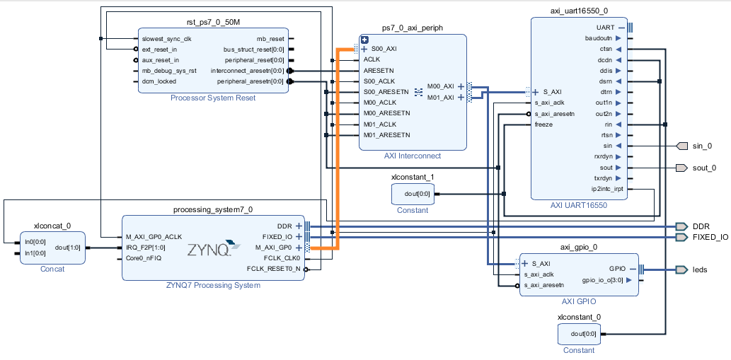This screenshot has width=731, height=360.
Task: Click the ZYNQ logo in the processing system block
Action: [x=209, y=249]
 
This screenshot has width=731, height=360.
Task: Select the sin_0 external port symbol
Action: [x=682, y=146]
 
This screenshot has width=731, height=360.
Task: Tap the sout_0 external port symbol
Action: [x=682, y=168]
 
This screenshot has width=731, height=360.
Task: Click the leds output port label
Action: [x=699, y=269]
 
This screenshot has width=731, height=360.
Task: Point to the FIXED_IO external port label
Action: [x=710, y=237]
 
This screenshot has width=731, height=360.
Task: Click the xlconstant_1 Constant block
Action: [x=411, y=193]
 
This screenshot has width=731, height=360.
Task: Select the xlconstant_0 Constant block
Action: [x=579, y=332]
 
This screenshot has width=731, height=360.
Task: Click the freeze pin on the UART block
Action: [x=543, y=124]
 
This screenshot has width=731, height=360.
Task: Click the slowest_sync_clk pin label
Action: [x=166, y=39]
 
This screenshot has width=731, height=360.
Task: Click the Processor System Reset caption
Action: [x=213, y=98]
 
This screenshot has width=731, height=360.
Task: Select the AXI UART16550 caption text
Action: [x=580, y=205]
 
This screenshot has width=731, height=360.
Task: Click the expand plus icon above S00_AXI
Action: [x=365, y=40]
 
